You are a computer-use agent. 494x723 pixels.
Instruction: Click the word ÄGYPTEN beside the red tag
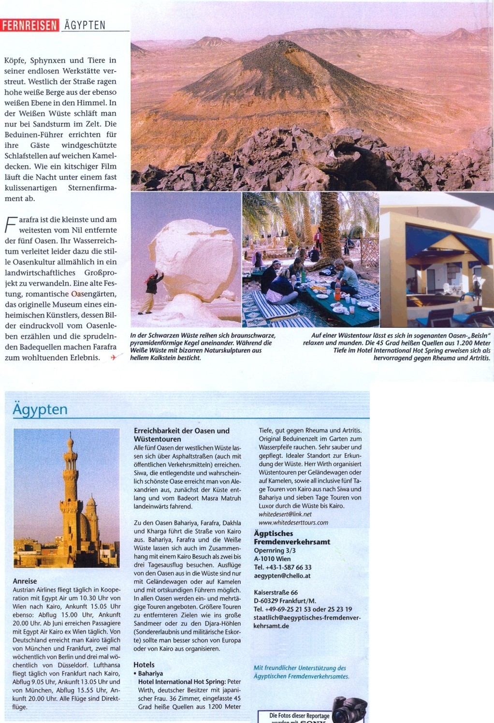tap(85, 25)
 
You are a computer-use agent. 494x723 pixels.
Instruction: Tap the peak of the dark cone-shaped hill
tap(264, 43)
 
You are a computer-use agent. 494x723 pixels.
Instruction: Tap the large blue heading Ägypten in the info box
tap(40, 409)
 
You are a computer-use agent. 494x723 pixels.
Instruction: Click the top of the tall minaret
tap(71, 438)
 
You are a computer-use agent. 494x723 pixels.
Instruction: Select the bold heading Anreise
tap(25, 581)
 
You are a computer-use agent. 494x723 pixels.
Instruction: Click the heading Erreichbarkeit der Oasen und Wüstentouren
tap(181, 434)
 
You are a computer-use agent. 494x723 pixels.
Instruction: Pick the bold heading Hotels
tap(144, 665)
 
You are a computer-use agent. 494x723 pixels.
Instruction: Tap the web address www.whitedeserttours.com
tap(293, 522)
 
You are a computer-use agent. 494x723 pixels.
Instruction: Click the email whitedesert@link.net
tap(285, 514)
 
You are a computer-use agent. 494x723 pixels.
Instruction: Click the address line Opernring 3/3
tap(275, 550)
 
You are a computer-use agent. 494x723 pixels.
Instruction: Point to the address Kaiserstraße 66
tap(276, 593)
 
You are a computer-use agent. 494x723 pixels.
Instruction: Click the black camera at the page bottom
tap(349, 709)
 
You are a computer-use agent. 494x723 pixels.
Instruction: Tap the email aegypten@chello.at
tap(282, 576)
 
